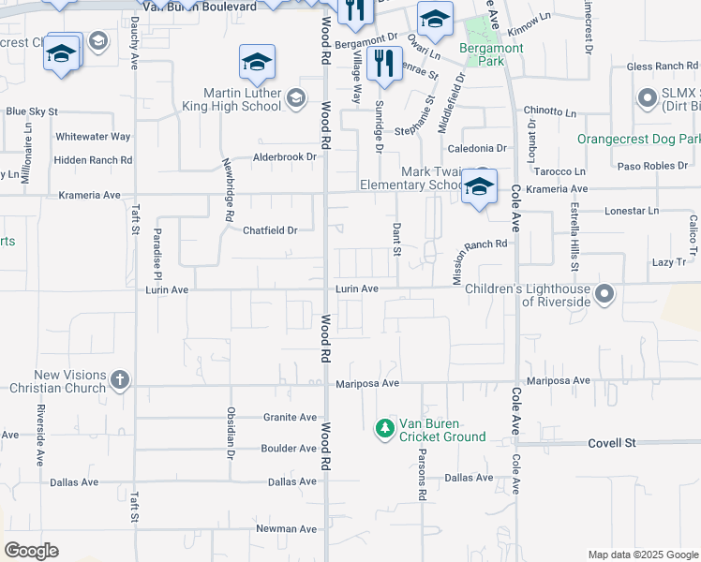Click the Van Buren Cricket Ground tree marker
(384, 428)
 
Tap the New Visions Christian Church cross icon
(119, 380)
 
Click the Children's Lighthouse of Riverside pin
(604, 295)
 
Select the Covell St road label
(612, 442)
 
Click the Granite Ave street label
(291, 417)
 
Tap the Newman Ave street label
(288, 529)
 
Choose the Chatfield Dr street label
(270, 230)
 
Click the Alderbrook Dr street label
(284, 156)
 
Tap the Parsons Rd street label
(423, 478)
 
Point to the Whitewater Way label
(93, 136)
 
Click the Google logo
(31, 551)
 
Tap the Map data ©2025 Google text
(641, 555)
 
